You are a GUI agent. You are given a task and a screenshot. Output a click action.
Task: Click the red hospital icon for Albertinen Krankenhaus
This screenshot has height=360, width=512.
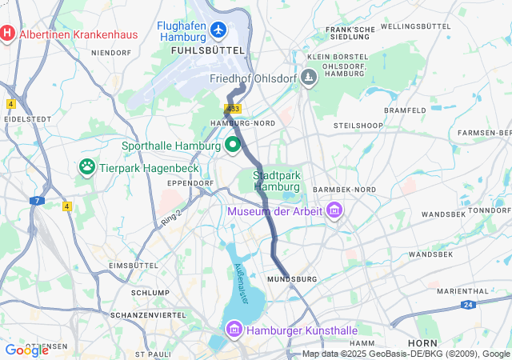click(x=8, y=34)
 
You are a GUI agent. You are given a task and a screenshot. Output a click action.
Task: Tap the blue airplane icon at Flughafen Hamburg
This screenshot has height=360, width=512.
click(x=220, y=30)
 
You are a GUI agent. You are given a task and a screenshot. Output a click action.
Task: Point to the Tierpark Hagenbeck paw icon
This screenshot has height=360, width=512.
click(x=86, y=167)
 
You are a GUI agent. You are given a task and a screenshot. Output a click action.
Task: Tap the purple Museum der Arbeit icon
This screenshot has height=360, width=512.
click(x=334, y=211)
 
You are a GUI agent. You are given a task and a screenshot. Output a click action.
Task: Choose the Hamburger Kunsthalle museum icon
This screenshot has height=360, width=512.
click(x=234, y=330)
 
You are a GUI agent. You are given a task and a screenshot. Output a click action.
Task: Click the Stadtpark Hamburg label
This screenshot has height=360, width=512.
click(x=276, y=181)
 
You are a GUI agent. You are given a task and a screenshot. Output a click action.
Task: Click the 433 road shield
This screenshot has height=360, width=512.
click(x=233, y=108)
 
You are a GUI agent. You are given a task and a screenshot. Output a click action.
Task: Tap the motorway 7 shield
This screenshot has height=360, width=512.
click(x=37, y=201)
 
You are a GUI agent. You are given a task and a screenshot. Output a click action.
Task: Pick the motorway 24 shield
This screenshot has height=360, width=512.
click(x=468, y=305)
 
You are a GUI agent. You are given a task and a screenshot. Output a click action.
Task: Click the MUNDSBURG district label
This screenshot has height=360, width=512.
click(x=292, y=278)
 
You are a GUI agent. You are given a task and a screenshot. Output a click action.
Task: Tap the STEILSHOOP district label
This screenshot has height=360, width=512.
click(x=355, y=126)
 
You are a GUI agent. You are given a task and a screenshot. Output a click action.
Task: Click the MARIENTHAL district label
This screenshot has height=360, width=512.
click(x=462, y=291)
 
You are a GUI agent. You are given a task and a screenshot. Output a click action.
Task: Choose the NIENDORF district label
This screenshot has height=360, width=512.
click(x=111, y=53)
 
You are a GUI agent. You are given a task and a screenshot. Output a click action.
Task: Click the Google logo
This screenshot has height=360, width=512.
click(x=26, y=350)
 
